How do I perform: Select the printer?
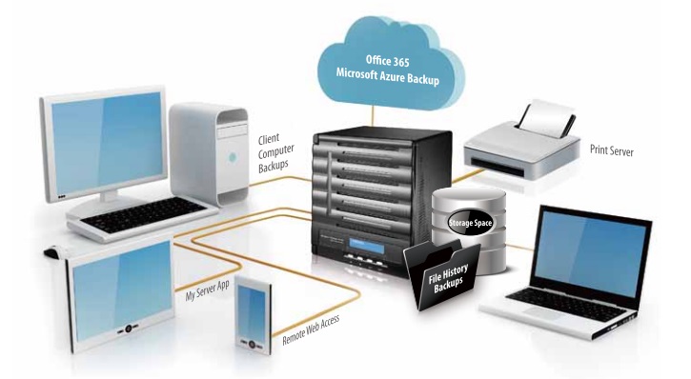[520, 148]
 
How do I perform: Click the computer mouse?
[53, 252]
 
